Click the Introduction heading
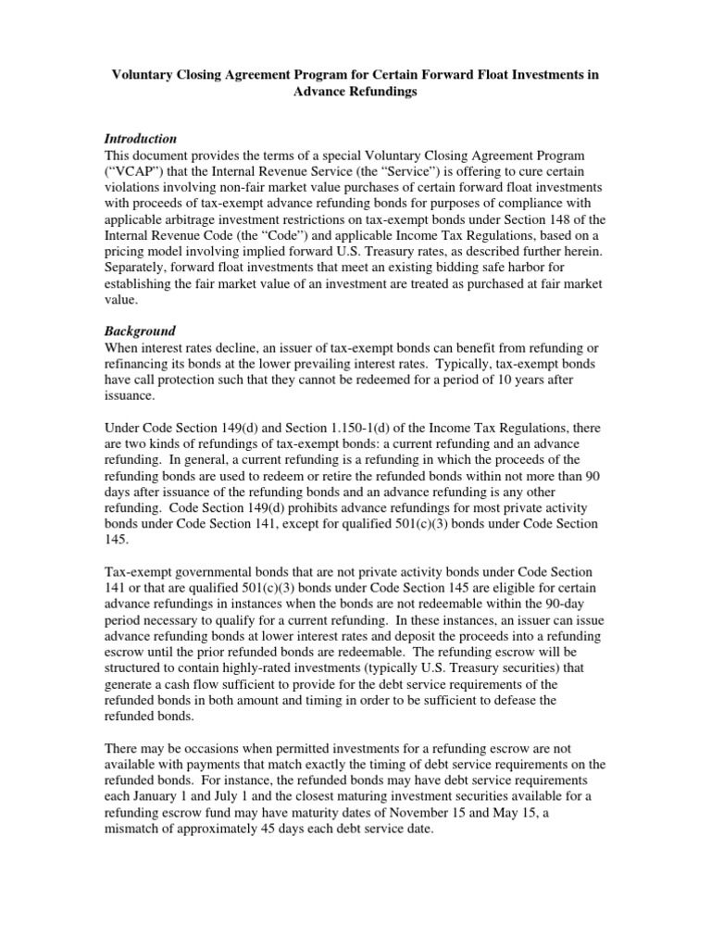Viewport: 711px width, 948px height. coord(140,138)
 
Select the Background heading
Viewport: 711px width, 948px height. coord(139,331)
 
